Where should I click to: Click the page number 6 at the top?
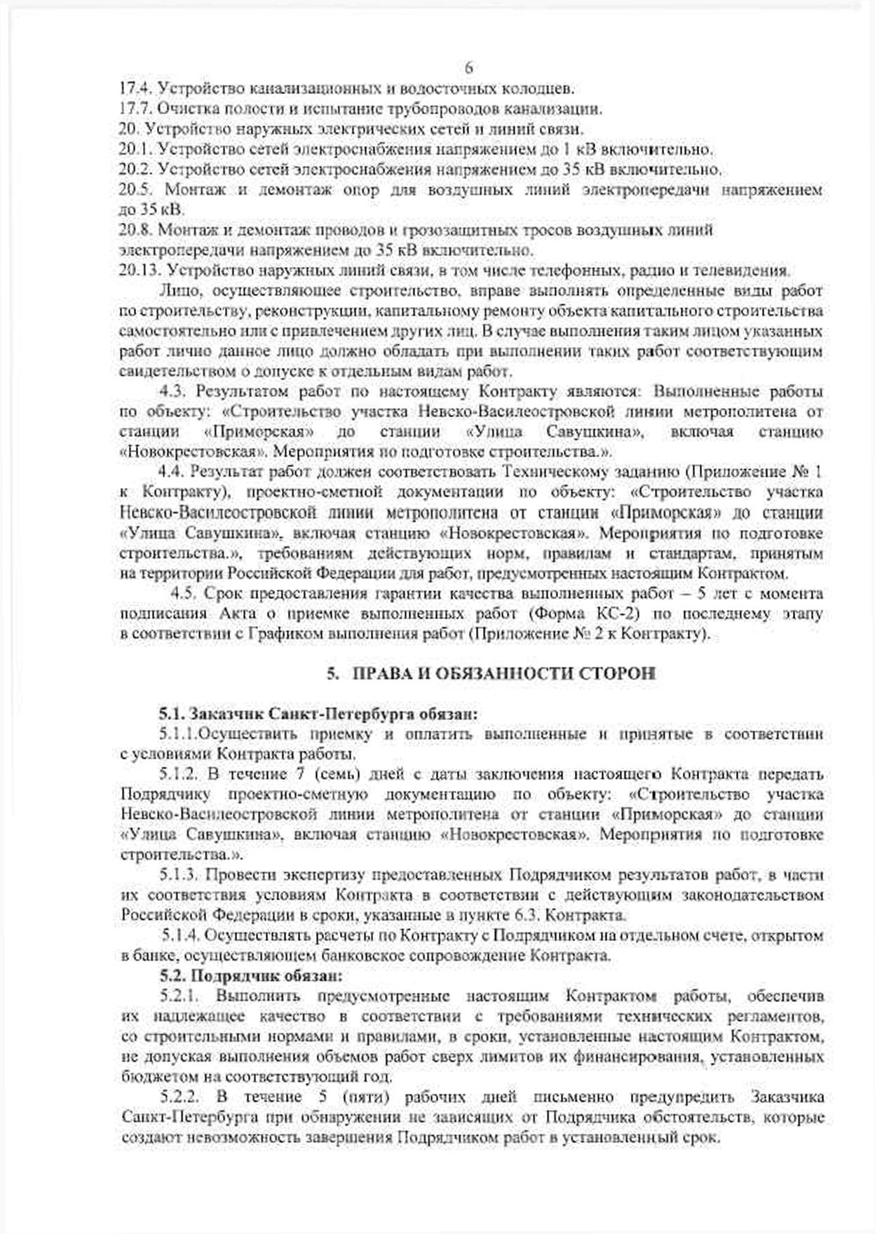click(x=469, y=68)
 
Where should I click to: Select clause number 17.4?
click(x=135, y=89)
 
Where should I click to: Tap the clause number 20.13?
click(x=140, y=271)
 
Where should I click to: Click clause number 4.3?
click(x=173, y=391)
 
